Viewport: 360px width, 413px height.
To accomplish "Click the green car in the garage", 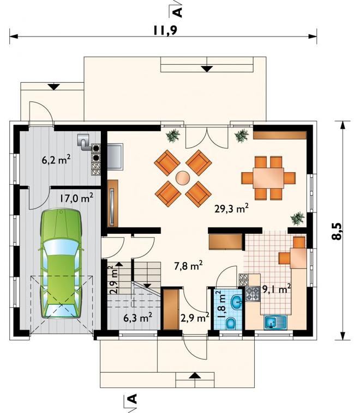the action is point(61,263).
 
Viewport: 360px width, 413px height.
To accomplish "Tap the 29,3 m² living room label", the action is point(231,209).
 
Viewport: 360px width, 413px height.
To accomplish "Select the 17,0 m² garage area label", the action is point(76,198).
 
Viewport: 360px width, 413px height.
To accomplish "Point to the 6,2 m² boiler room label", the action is point(56,160).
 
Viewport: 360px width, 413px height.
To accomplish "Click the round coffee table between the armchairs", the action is point(183,178).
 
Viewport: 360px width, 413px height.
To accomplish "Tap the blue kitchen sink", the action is point(275,322).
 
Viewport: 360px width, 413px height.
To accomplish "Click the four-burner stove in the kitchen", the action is point(253,294).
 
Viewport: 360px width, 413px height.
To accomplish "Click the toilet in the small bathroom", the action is point(231,323).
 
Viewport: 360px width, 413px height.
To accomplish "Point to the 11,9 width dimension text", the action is point(165,31).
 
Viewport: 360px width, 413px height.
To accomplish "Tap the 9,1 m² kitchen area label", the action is point(277,289).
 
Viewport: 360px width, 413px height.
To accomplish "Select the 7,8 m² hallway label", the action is point(188,266).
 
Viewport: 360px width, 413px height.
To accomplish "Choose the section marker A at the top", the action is point(178,13).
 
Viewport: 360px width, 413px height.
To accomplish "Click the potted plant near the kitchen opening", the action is point(297,218).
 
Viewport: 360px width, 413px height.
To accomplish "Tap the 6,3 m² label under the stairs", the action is point(137,318).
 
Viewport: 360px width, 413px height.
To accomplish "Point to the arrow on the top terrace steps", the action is point(207,69).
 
